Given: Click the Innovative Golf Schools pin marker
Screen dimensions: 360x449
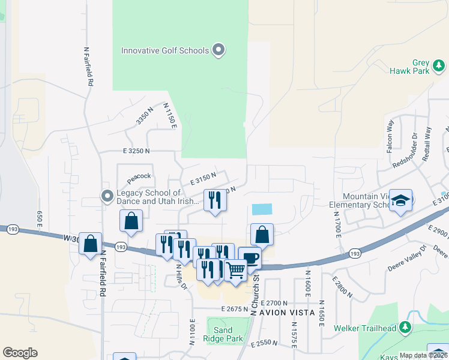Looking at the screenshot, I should click(218, 50).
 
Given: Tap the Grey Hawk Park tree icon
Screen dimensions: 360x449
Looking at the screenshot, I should click(439, 65).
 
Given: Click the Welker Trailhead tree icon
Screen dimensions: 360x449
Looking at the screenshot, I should click(405, 328).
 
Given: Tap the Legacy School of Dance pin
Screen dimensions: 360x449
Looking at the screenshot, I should click(107, 196).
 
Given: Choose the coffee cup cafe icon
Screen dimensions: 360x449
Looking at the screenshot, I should click(250, 257).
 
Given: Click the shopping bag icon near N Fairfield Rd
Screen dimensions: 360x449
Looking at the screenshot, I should click(90, 244).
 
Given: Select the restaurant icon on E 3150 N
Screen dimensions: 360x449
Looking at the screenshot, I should click(215, 200).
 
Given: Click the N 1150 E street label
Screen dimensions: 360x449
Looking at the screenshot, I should click(170, 115).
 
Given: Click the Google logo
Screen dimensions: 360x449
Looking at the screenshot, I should click(20, 353).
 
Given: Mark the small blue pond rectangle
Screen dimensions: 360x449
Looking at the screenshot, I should click(262, 209).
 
